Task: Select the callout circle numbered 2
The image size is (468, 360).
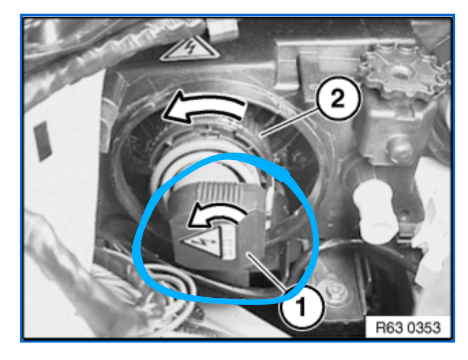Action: pyautogui.click(x=338, y=98)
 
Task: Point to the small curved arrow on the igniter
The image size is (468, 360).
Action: pyautogui.click(x=217, y=215)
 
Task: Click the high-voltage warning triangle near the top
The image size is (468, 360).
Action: pyautogui.click(x=190, y=49)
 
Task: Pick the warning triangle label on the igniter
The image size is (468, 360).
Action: pyautogui.click(x=203, y=243)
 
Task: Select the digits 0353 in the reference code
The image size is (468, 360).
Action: pyautogui.click(x=424, y=327)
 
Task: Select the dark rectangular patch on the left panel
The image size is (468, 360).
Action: pyautogui.click(x=43, y=141)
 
